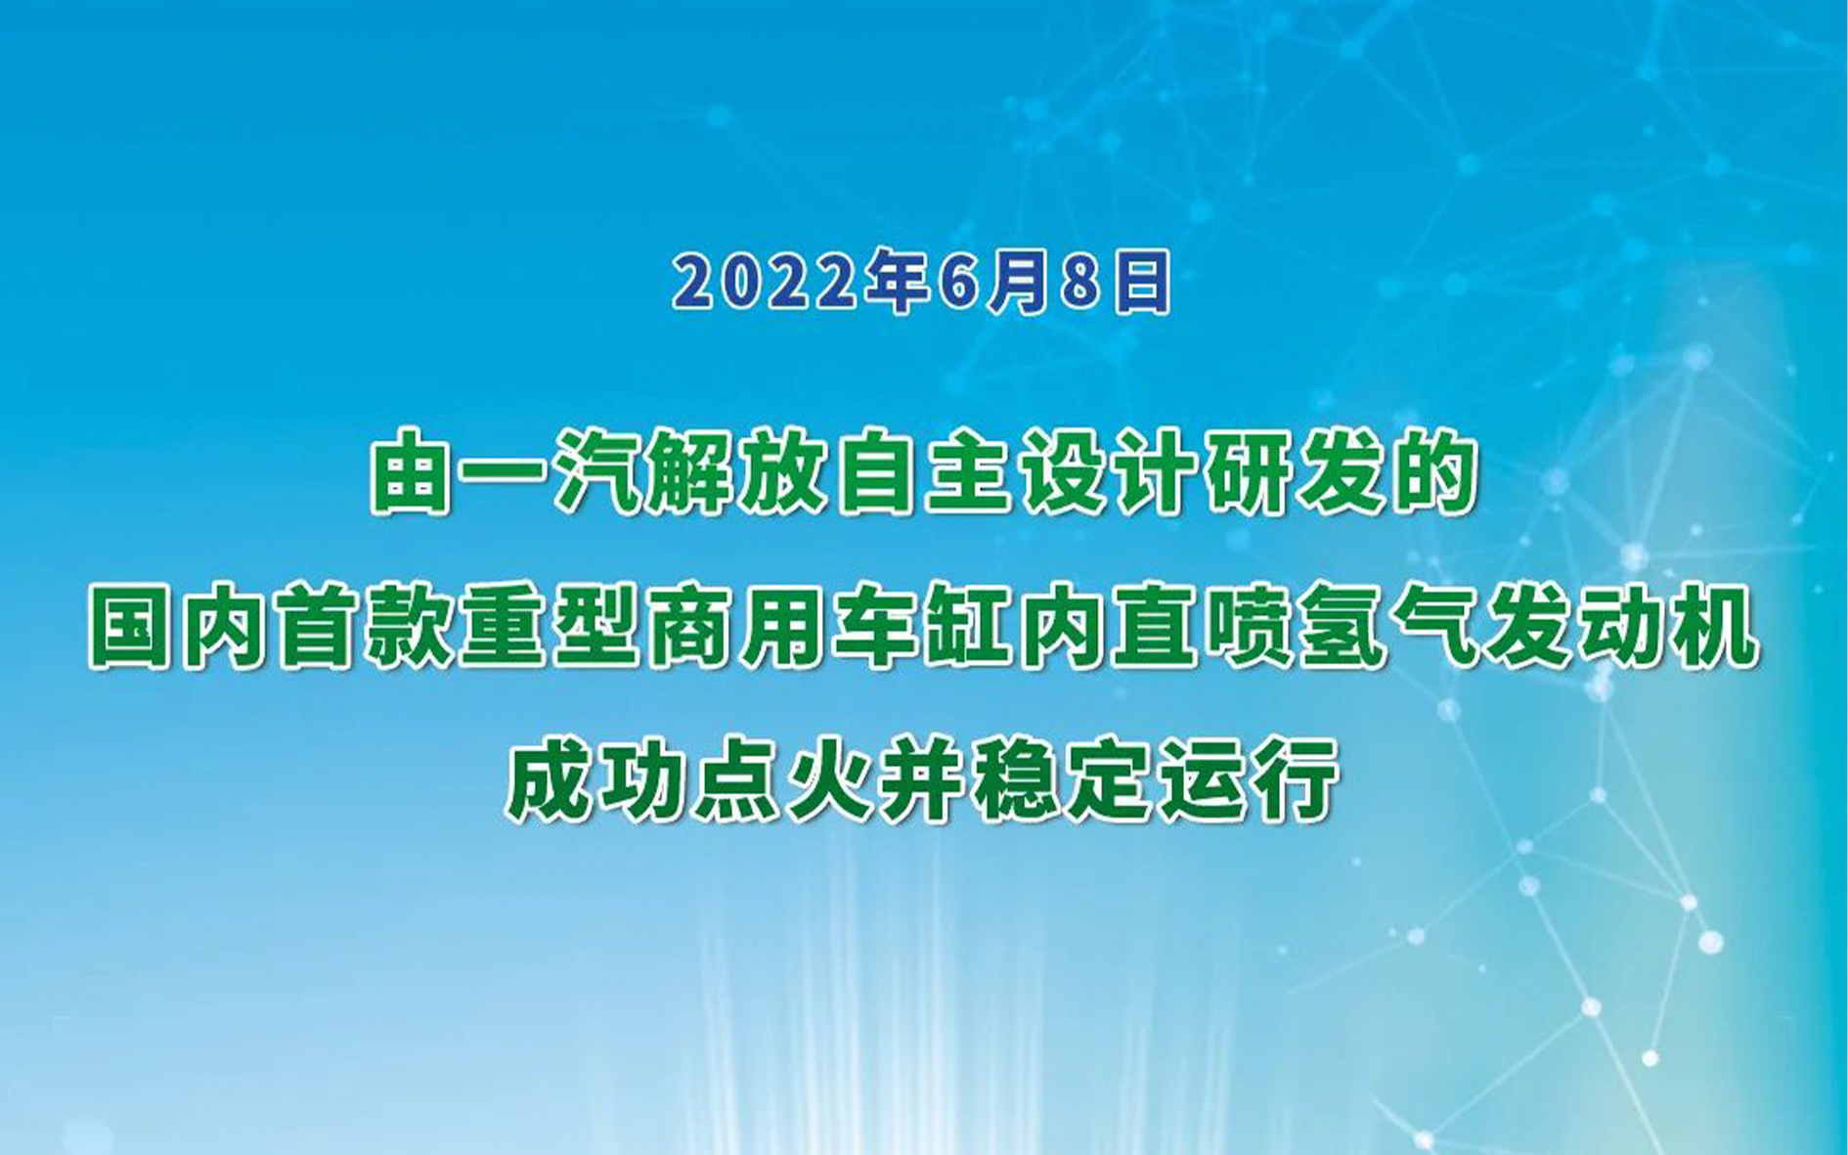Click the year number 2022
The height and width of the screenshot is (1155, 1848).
tap(770, 283)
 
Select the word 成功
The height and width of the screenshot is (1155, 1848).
tap(596, 779)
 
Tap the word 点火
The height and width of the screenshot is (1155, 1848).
tap(781, 779)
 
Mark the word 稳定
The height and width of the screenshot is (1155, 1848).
tap(1060, 779)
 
